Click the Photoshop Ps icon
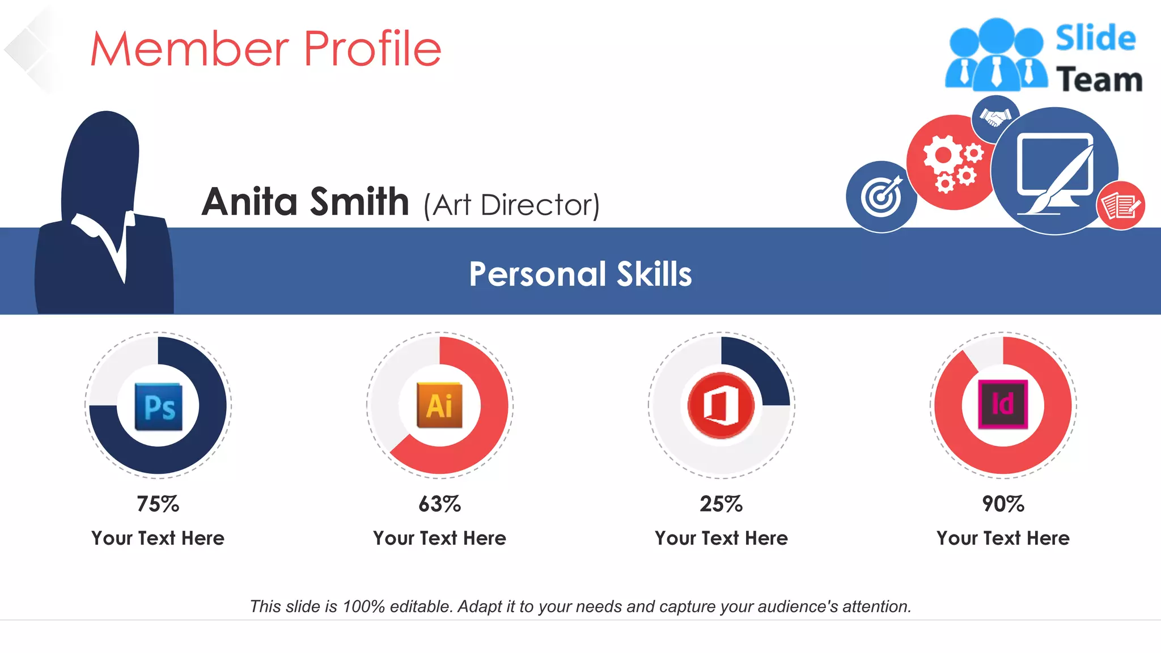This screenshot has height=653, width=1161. coord(158,406)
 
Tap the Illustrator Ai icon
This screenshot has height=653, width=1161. coord(439,405)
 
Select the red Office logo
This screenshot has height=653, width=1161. coord(721,405)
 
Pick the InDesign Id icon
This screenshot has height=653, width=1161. coord(1002,404)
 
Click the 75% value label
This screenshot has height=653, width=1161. coord(158,504)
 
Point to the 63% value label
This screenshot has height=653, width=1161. coord(439,504)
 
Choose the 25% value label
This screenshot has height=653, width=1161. coord(721,504)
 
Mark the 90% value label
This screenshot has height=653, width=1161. coord(1003,504)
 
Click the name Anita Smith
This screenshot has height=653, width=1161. coord(305,202)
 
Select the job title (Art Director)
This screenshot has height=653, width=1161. coord(511,205)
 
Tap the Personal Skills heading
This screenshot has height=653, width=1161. coord(580,274)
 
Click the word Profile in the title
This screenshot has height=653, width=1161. coord(372,49)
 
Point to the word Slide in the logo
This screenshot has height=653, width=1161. coord(1095,39)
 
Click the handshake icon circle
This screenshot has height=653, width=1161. coord(995,118)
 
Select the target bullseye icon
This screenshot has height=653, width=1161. coord(881,197)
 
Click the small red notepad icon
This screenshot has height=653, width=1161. coord(1121,205)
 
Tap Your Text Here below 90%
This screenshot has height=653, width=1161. coord(1003,538)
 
